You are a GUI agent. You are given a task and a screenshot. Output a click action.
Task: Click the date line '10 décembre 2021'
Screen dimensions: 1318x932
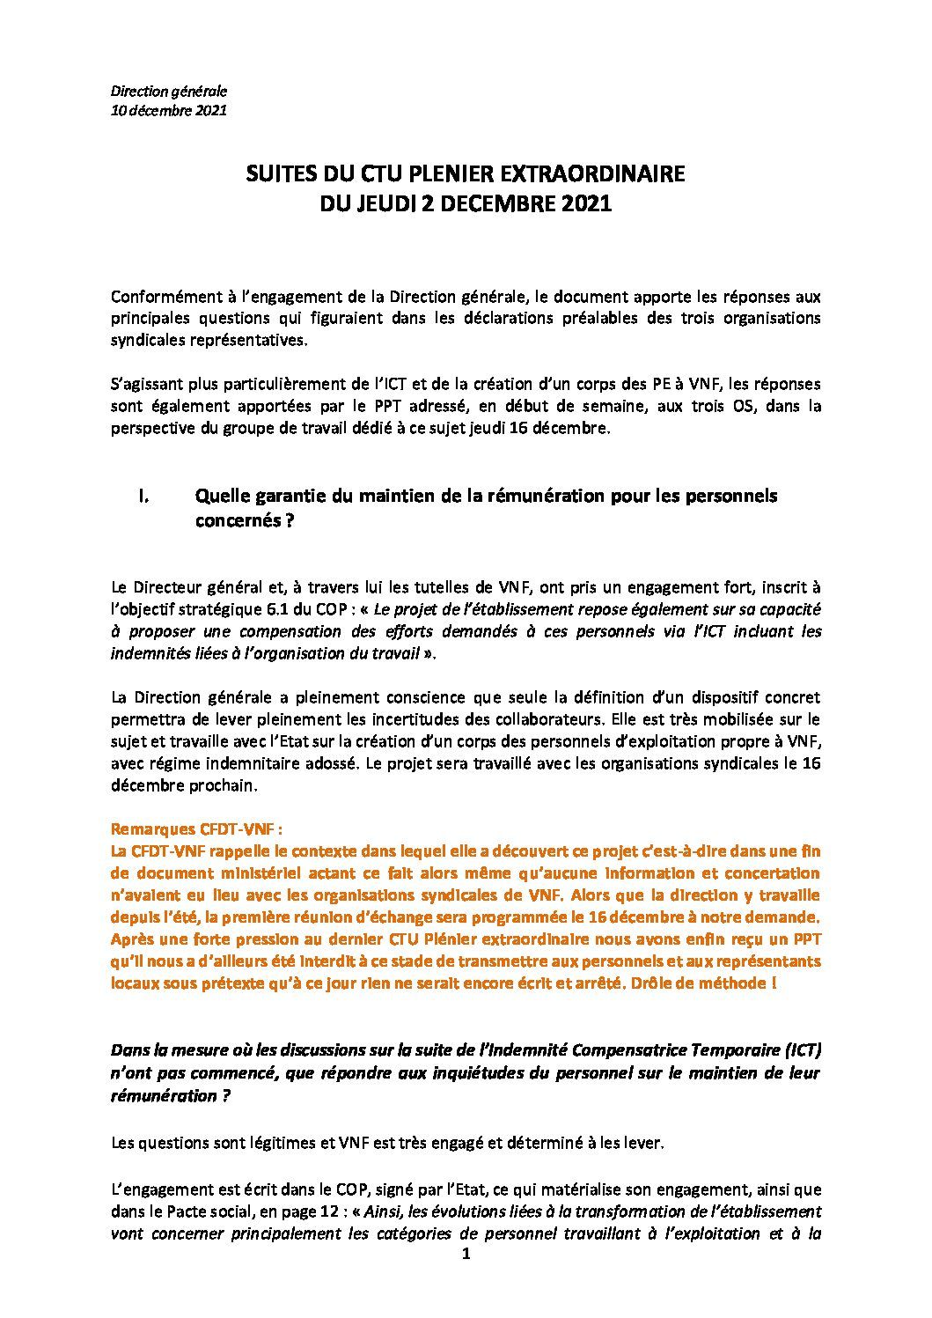click(x=168, y=111)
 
